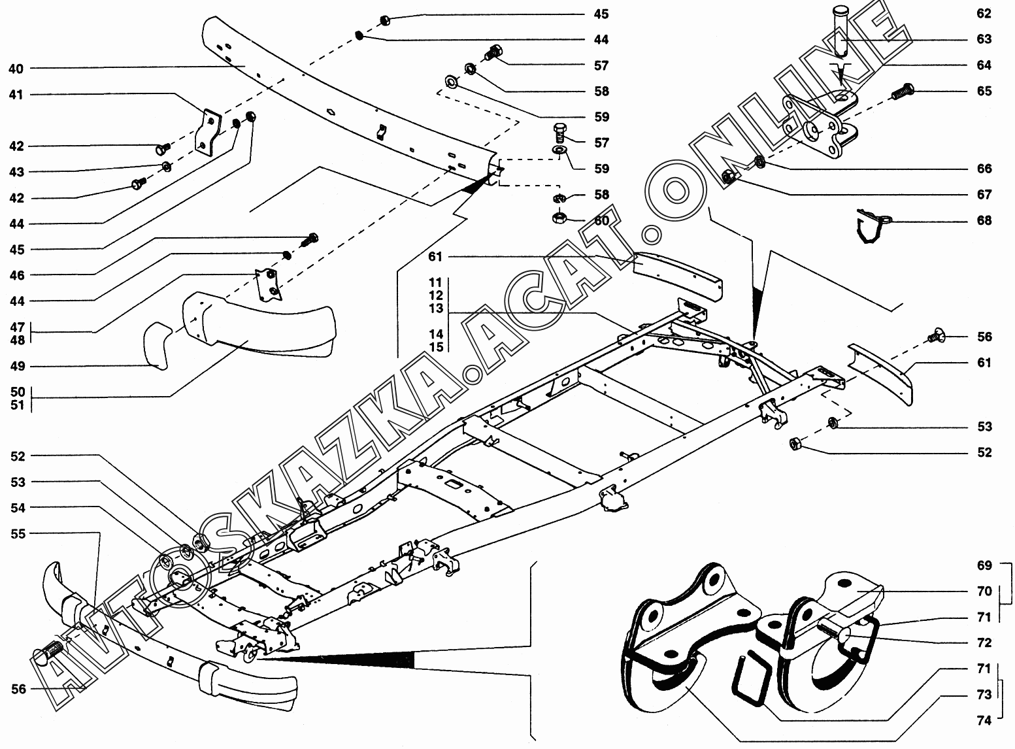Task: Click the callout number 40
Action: coord(16,69)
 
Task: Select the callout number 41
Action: coord(16,95)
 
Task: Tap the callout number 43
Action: coord(16,172)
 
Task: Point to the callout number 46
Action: coord(16,275)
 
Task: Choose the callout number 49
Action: coord(16,366)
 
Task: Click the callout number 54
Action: coord(18,508)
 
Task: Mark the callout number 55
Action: coord(18,534)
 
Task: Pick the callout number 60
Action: coord(601,220)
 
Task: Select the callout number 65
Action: coord(984,91)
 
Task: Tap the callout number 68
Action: coord(984,220)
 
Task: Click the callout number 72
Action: coord(984,643)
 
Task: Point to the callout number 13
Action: coord(436,308)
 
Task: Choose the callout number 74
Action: coord(984,721)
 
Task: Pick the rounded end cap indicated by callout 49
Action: coord(157,345)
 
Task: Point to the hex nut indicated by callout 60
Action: coord(560,216)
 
